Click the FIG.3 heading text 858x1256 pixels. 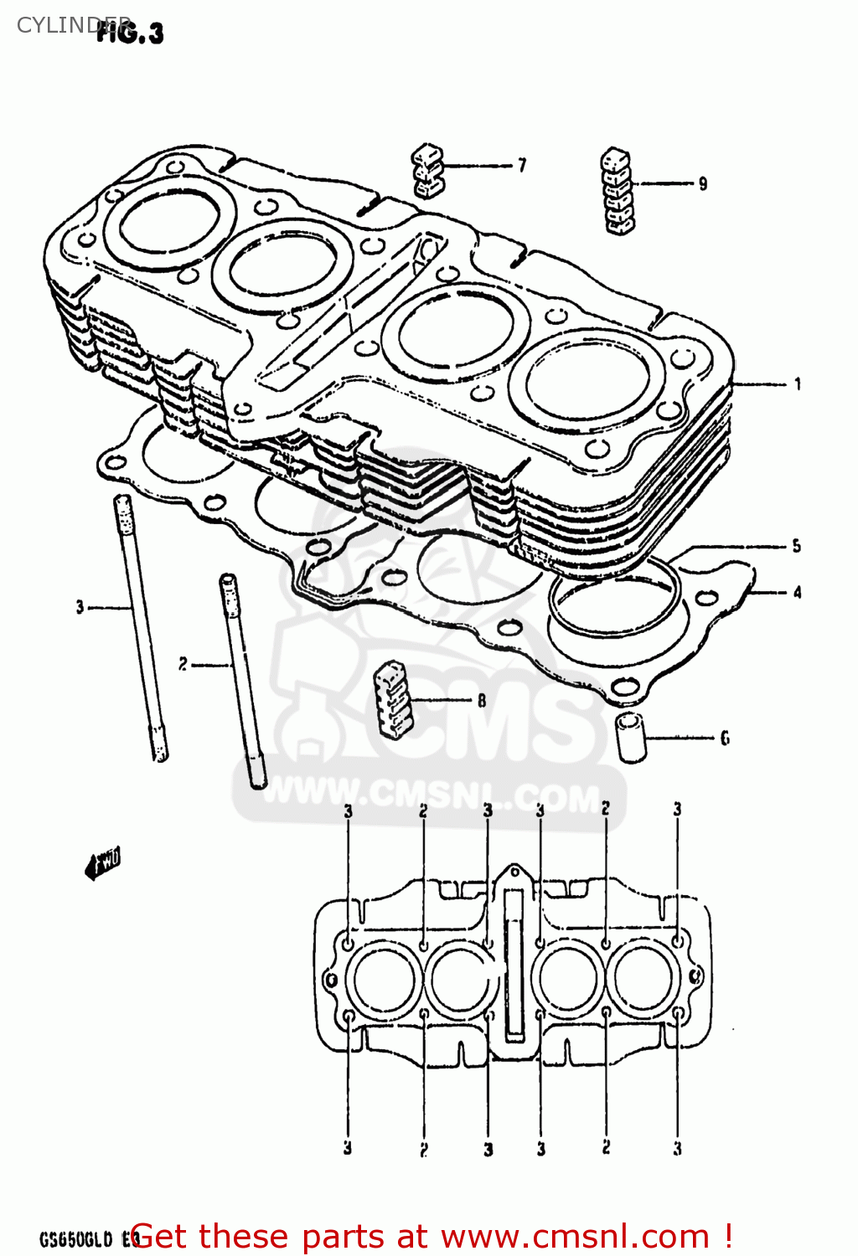click(x=130, y=33)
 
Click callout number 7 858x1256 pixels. click(x=522, y=165)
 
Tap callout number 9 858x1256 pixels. click(x=702, y=183)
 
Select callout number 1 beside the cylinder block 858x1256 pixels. click(x=797, y=384)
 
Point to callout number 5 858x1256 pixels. click(x=796, y=546)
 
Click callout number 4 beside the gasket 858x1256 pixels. click(x=797, y=592)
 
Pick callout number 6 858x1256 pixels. click(x=724, y=738)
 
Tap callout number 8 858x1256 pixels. click(x=482, y=700)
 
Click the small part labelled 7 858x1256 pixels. click(x=427, y=170)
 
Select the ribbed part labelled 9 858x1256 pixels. click(x=618, y=190)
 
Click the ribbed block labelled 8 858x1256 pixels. click(x=392, y=699)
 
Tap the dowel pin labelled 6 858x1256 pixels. click(x=633, y=737)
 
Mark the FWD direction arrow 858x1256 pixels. click(x=102, y=862)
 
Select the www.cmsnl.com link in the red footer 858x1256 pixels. click(x=575, y=1237)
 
